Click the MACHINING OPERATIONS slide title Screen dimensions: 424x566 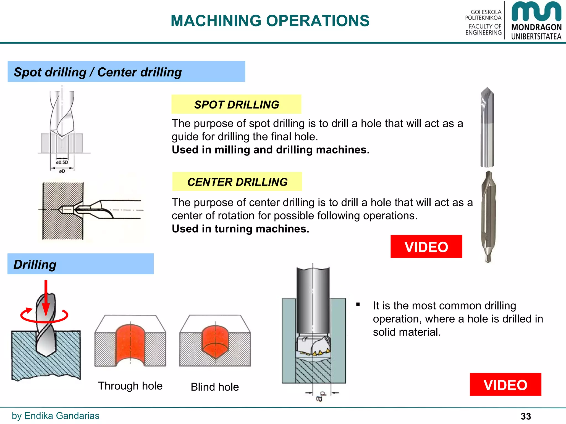point(270,21)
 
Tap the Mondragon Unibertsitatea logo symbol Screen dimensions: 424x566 point(536,12)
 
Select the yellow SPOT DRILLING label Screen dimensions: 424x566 point(236,105)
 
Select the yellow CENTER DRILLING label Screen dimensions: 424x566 point(237,182)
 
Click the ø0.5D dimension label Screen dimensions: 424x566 point(62,162)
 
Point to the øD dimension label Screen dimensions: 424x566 point(62,171)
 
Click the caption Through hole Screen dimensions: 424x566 point(130,386)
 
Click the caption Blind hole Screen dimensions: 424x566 point(215,387)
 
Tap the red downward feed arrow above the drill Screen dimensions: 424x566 point(46,298)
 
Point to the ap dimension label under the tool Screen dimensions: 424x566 point(320,396)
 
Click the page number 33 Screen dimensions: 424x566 point(526,416)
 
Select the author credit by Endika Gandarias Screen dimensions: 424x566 point(56,416)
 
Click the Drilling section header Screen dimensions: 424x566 point(35,264)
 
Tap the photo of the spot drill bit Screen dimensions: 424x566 point(487,127)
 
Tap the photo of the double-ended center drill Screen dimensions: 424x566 point(488,217)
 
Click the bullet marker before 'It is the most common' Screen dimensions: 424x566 point(358,304)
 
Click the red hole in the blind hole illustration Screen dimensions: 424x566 point(215,341)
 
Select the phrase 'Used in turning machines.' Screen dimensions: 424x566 point(240,229)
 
